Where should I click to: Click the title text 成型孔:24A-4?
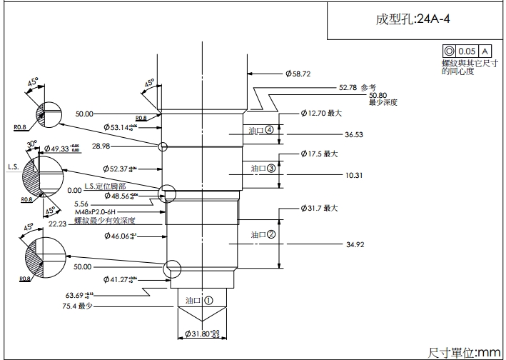pos(413,19)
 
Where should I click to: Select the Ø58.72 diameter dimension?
pos(298,74)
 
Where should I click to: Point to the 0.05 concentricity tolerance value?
pos(467,51)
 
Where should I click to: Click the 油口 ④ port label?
pos(261,131)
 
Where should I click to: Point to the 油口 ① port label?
pos(199,301)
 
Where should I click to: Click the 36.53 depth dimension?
pos(354,134)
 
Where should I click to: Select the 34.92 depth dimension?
pos(355,245)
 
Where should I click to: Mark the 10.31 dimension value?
pos(354,174)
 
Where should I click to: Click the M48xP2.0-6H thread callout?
pos(101,213)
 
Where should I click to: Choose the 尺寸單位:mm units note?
pos(464,352)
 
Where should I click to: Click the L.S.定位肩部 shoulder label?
pos(108,186)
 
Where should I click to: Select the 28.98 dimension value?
pos(101,146)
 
